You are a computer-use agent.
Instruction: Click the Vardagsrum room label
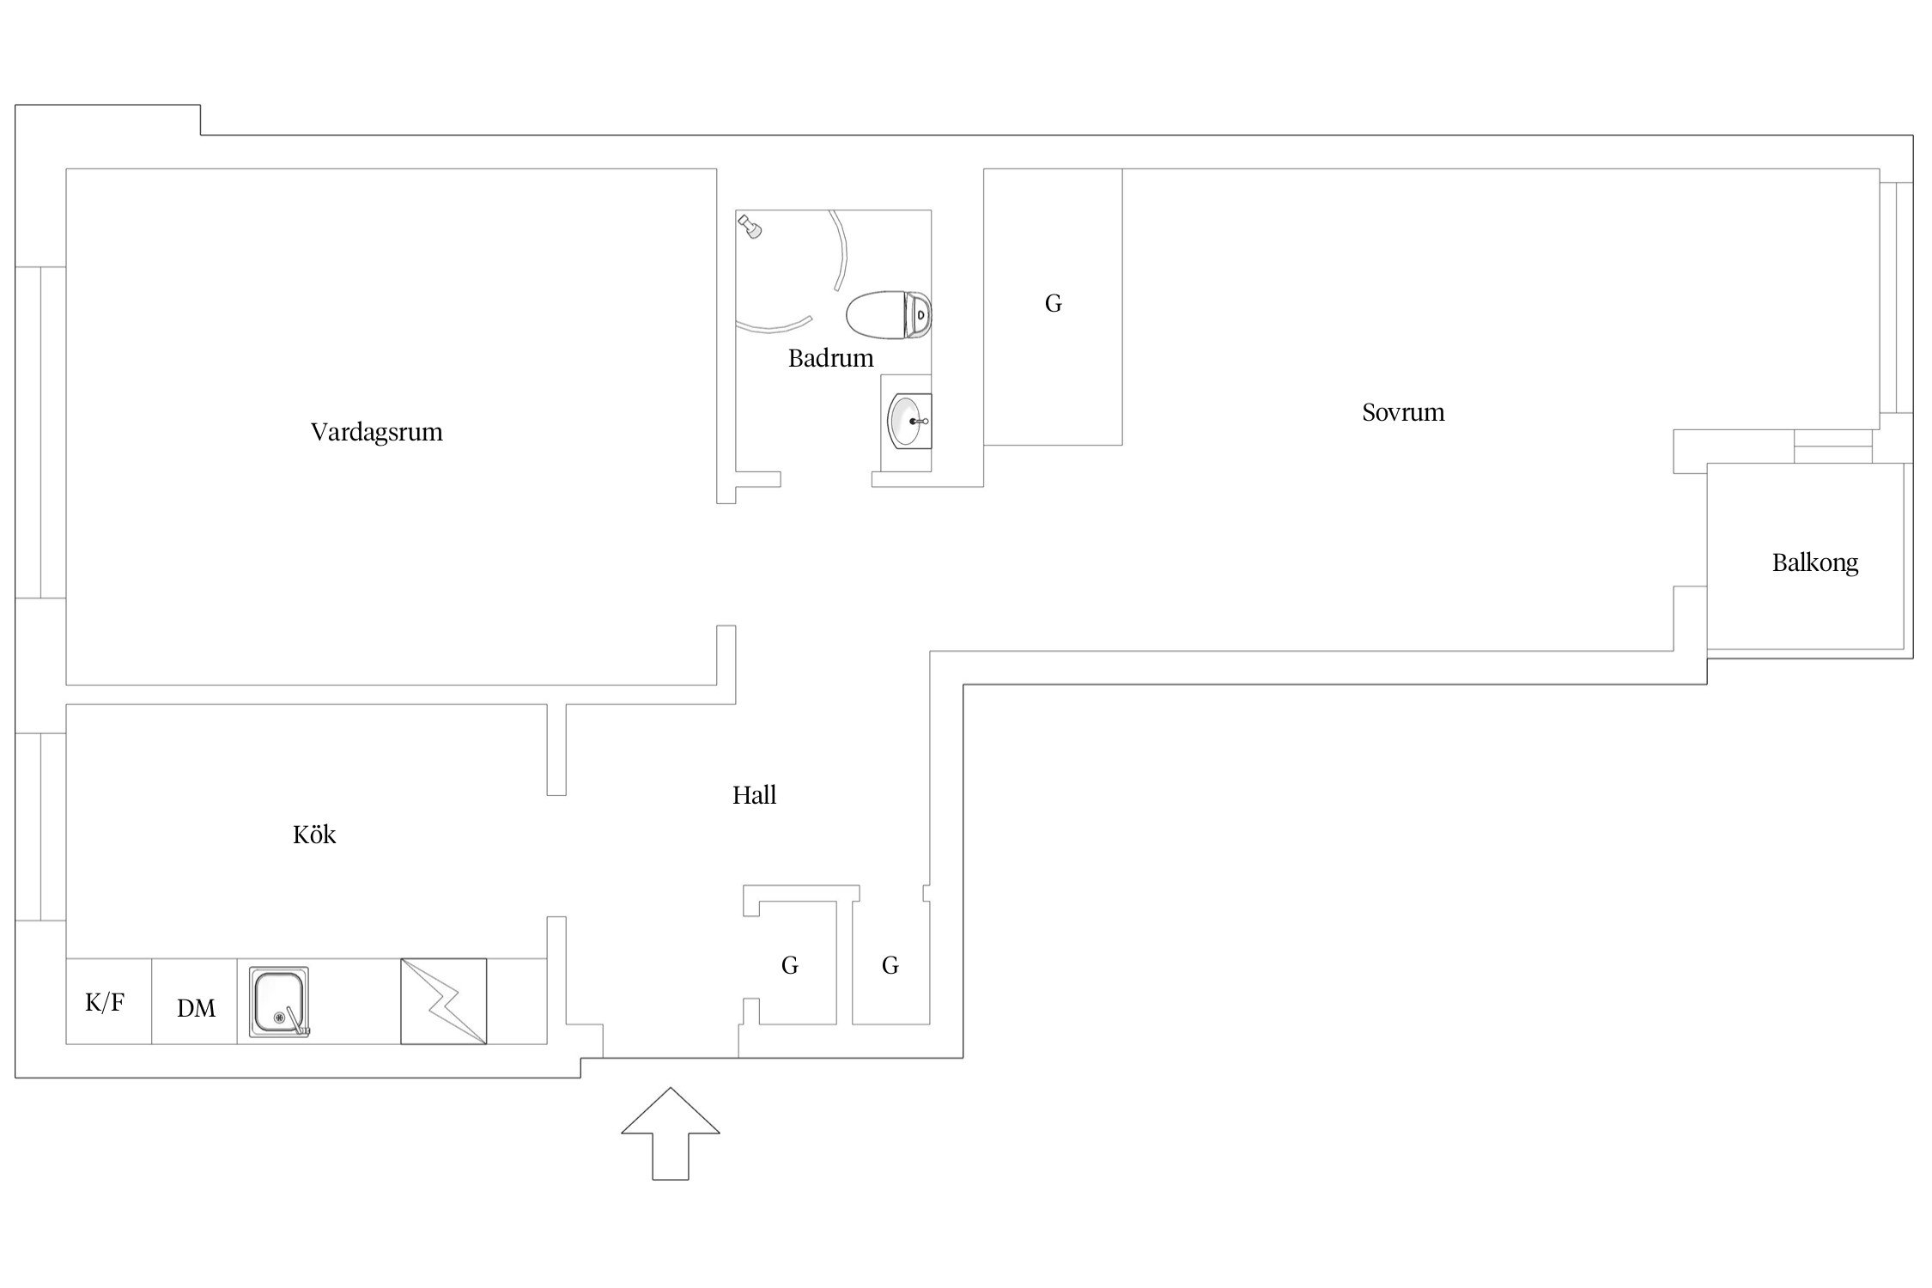point(377,431)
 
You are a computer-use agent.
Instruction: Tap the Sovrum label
point(1403,412)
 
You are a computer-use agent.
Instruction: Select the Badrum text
point(830,358)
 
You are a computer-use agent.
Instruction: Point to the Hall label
point(754,795)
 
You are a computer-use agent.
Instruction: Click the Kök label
point(314,834)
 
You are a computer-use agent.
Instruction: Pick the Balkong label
point(1815,563)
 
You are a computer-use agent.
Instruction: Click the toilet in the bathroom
point(889,315)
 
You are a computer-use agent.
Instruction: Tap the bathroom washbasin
point(909,422)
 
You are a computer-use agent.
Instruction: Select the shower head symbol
point(750,226)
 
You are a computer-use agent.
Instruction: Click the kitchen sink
point(279,1001)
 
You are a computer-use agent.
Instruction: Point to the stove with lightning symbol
point(443,1001)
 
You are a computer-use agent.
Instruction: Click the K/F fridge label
point(105,1002)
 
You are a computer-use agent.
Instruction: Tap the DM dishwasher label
point(196,1008)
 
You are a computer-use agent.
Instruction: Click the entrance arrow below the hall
point(670,1133)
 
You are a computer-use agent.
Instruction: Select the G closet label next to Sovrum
point(1053,303)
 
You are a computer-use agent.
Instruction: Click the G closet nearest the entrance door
point(790,965)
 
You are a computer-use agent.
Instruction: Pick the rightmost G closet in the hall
point(890,965)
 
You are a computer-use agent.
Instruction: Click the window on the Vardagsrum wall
point(40,432)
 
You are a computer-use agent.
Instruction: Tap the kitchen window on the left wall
point(40,827)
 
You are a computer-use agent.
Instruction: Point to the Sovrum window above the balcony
point(1896,298)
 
